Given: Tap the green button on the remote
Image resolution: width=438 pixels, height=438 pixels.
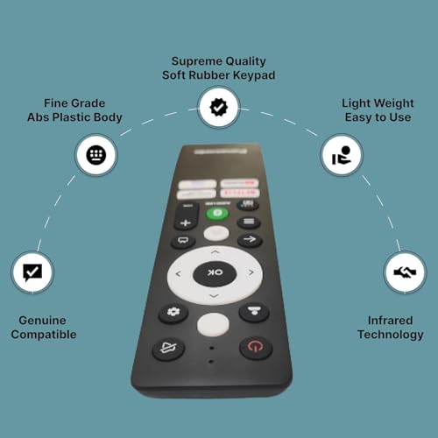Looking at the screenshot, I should (217, 213).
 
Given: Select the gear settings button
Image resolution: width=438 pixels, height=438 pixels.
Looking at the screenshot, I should (173, 313).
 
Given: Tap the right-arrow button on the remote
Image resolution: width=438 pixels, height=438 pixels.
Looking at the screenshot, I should (249, 240).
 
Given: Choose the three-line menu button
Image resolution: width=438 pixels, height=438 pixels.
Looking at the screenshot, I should (249, 223).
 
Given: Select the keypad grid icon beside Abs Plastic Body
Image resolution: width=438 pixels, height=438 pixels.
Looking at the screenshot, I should (96, 156).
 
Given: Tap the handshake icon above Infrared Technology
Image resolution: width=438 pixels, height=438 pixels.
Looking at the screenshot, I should (405, 273).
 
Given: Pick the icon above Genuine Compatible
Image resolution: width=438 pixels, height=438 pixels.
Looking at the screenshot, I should (32, 272).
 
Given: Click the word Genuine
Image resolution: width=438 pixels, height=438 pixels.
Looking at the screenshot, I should (44, 320).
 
